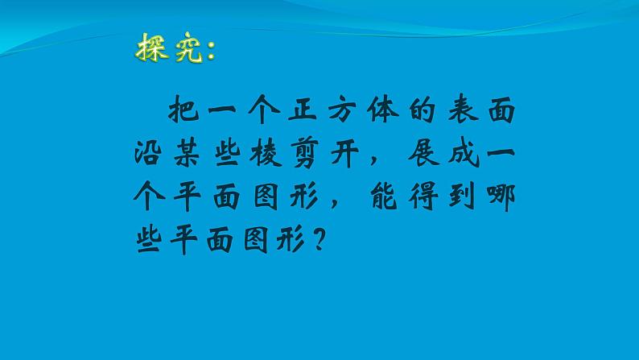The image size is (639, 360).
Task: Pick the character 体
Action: point(373,112)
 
